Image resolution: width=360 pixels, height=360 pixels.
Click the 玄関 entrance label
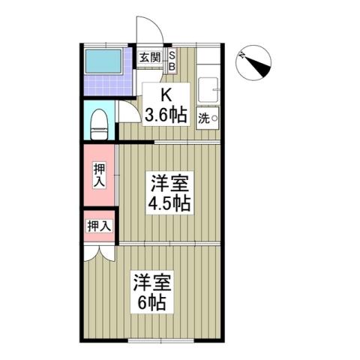[150, 58]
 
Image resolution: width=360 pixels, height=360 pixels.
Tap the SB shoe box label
[170, 59]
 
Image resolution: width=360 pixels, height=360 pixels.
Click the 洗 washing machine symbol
[207, 117]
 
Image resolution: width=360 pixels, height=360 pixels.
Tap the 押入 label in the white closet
[98, 225]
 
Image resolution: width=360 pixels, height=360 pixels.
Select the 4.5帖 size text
[169, 202]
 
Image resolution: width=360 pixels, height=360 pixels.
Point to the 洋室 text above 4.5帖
[169, 182]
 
